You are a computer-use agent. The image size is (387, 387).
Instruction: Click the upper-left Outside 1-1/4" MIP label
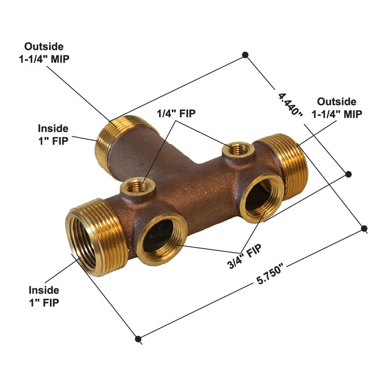tap(44, 52)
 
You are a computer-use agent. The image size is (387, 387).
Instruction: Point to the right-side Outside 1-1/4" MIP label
tap(336, 108)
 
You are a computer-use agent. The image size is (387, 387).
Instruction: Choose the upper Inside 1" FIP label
tap(53, 134)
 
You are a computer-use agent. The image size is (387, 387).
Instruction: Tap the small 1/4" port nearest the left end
tap(136, 186)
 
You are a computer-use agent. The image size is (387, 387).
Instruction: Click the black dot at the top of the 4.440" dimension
tap(246, 54)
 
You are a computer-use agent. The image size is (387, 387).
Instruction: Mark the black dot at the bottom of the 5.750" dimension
tap(138, 339)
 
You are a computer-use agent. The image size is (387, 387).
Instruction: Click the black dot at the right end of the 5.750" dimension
tap(364, 228)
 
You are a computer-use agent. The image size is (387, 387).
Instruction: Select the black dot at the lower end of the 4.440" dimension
tap(348, 174)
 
